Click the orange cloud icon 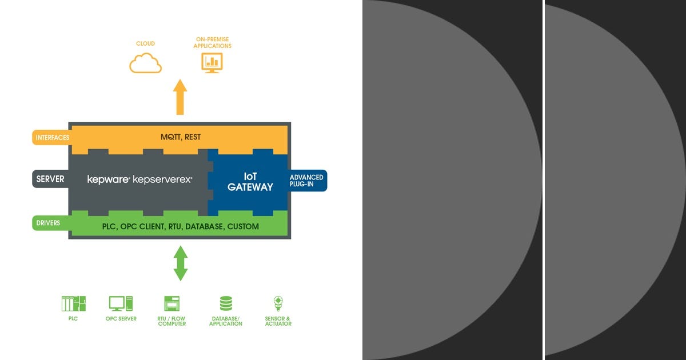145,63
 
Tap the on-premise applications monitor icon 212,63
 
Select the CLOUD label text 145,43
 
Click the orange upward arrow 180,97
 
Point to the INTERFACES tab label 53,138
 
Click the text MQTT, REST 181,137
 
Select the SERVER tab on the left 50,179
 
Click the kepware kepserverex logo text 139,179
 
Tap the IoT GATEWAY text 250,182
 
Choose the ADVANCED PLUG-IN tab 307,181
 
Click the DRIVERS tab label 48,223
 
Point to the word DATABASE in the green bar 204,226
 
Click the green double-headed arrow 181,263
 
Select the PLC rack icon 74,303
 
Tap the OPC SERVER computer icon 121,303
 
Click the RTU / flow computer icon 172,303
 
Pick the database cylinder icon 226,303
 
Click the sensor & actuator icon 278,303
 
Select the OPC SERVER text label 121,319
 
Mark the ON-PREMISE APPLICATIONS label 212,42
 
